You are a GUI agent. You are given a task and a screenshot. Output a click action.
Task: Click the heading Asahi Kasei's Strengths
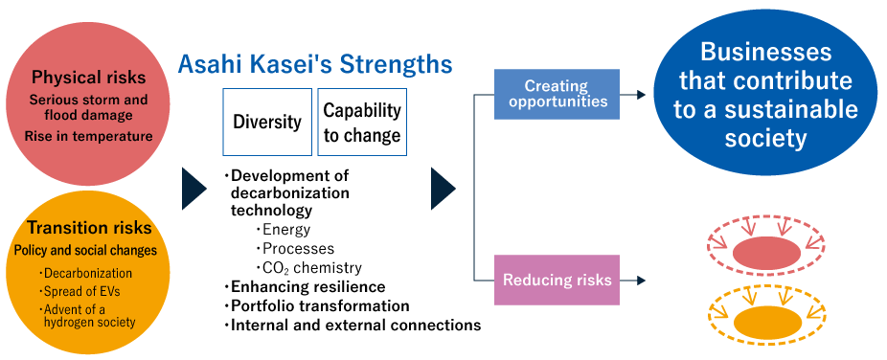point(314,65)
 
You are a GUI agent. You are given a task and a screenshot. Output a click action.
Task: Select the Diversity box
point(267,122)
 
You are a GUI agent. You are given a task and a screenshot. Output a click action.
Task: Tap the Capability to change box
point(362,122)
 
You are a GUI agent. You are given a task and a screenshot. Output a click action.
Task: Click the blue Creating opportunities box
point(557,94)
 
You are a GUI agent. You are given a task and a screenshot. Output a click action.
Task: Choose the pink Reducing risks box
point(557,280)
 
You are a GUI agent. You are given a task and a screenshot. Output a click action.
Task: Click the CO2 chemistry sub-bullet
point(312,268)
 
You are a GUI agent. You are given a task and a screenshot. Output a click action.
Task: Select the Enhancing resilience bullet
point(307,287)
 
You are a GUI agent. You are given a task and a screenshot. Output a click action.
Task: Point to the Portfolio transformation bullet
point(320,306)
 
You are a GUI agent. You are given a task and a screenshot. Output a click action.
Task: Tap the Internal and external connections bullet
point(355,326)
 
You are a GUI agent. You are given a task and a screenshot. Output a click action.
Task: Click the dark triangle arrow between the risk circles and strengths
point(194,189)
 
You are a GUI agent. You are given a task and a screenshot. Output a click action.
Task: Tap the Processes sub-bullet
point(298,249)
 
